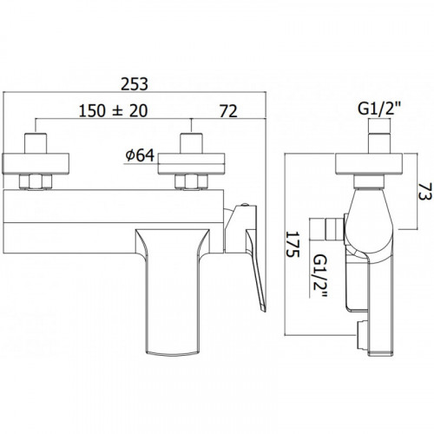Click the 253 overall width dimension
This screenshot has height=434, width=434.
click(135, 84)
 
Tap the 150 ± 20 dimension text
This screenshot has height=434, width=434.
click(113, 111)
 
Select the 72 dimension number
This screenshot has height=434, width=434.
click(228, 111)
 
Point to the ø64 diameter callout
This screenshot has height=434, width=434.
click(140, 155)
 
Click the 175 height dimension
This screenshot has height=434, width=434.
click(293, 244)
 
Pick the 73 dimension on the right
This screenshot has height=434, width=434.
click(425, 191)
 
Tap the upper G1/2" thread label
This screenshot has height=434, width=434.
click(379, 108)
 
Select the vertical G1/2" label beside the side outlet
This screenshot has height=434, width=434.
click(320, 276)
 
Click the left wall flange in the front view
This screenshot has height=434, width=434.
click(36, 164)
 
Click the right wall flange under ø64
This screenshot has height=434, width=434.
click(191, 164)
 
